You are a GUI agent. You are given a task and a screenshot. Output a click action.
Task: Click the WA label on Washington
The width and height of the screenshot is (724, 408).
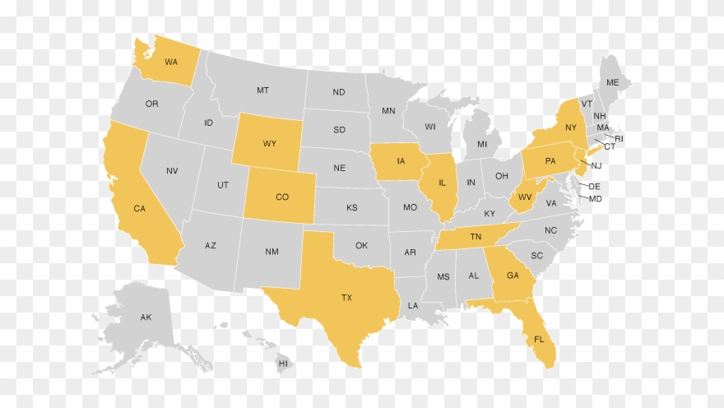click(x=171, y=62)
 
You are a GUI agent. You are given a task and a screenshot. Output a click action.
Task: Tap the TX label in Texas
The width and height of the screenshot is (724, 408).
click(x=346, y=298)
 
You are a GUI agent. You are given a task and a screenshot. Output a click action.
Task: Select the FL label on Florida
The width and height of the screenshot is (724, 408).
click(x=539, y=340)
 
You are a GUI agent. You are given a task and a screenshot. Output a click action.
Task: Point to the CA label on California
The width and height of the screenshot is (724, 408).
click(x=140, y=209)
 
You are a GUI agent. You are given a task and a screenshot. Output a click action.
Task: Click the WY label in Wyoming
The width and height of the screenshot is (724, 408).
click(x=270, y=143)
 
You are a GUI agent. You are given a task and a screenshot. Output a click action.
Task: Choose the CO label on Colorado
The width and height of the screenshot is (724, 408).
click(x=282, y=197)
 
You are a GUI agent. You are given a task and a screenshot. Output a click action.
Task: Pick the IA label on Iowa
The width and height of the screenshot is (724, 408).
click(x=401, y=161)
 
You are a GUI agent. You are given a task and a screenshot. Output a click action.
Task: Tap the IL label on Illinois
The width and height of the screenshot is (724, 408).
click(x=442, y=183)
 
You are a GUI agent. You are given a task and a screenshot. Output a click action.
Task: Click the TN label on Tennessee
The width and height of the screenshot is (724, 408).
click(x=476, y=237)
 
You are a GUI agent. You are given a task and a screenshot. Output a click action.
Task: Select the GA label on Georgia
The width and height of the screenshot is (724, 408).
click(x=513, y=276)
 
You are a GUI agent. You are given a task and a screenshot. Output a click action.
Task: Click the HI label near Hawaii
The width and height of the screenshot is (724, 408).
click(x=283, y=363)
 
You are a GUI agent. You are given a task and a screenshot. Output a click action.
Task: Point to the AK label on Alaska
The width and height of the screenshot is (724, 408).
click(x=146, y=318)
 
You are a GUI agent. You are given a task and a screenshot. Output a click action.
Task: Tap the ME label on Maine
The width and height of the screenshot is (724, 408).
click(x=612, y=83)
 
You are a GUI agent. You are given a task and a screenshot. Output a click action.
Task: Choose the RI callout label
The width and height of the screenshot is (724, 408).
click(x=620, y=139)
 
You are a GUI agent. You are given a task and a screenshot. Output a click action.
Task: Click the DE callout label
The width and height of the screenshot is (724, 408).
click(x=595, y=187)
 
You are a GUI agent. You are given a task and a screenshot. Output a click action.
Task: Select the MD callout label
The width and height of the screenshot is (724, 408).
click(x=596, y=199)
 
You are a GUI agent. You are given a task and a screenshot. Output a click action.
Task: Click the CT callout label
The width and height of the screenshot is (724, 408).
click(x=610, y=146)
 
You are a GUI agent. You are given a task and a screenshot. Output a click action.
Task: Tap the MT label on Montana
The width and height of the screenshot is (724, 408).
click(x=262, y=90)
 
